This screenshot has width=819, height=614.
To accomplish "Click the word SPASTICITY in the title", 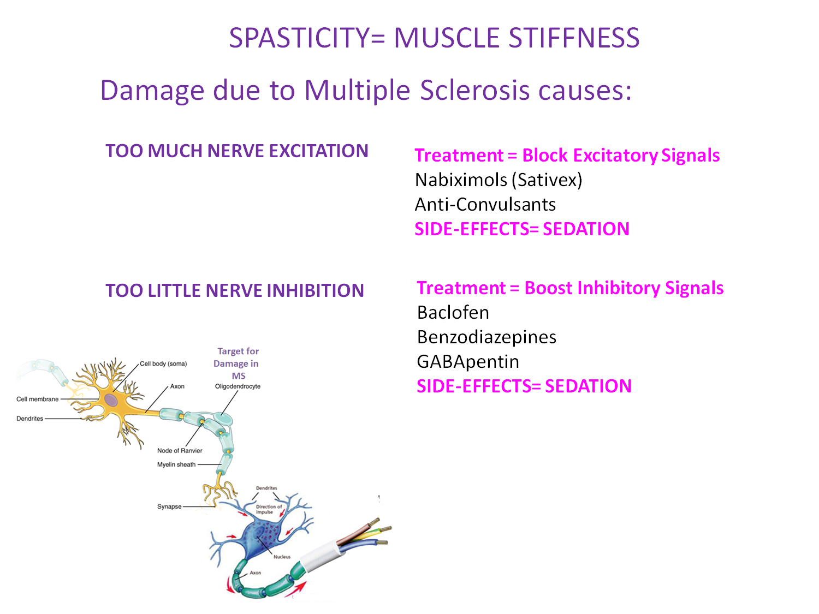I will point(299,38).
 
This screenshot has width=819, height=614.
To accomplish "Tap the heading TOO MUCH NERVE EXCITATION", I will point(237,151).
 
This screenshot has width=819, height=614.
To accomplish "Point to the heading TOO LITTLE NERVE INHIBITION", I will point(235,291).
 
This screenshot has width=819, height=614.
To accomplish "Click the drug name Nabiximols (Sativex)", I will point(498,180).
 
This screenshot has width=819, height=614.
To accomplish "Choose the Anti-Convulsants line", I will point(485,205).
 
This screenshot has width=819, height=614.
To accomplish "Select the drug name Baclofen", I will point(453,313).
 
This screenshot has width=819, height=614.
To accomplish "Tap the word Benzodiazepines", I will point(486,337).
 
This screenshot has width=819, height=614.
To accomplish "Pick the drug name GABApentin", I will point(468,362).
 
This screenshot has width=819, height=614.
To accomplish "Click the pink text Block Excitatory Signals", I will point(621,156).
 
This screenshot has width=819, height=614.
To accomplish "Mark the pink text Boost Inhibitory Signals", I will point(624,288).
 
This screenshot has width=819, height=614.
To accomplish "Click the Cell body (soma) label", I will point(163,364).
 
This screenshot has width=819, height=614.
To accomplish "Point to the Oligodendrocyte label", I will point(238,386).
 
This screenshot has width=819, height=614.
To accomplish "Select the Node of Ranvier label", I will point(180,451).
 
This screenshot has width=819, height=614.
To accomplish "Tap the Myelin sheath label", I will point(176,465).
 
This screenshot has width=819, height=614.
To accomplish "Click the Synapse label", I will point(169,507).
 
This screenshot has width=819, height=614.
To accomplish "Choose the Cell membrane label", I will point(37,400).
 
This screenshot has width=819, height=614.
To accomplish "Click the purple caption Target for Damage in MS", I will point(238,363).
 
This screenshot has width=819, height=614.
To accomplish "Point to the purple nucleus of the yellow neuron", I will point(111,401).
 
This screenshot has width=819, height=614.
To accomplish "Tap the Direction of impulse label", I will point(269,509).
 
